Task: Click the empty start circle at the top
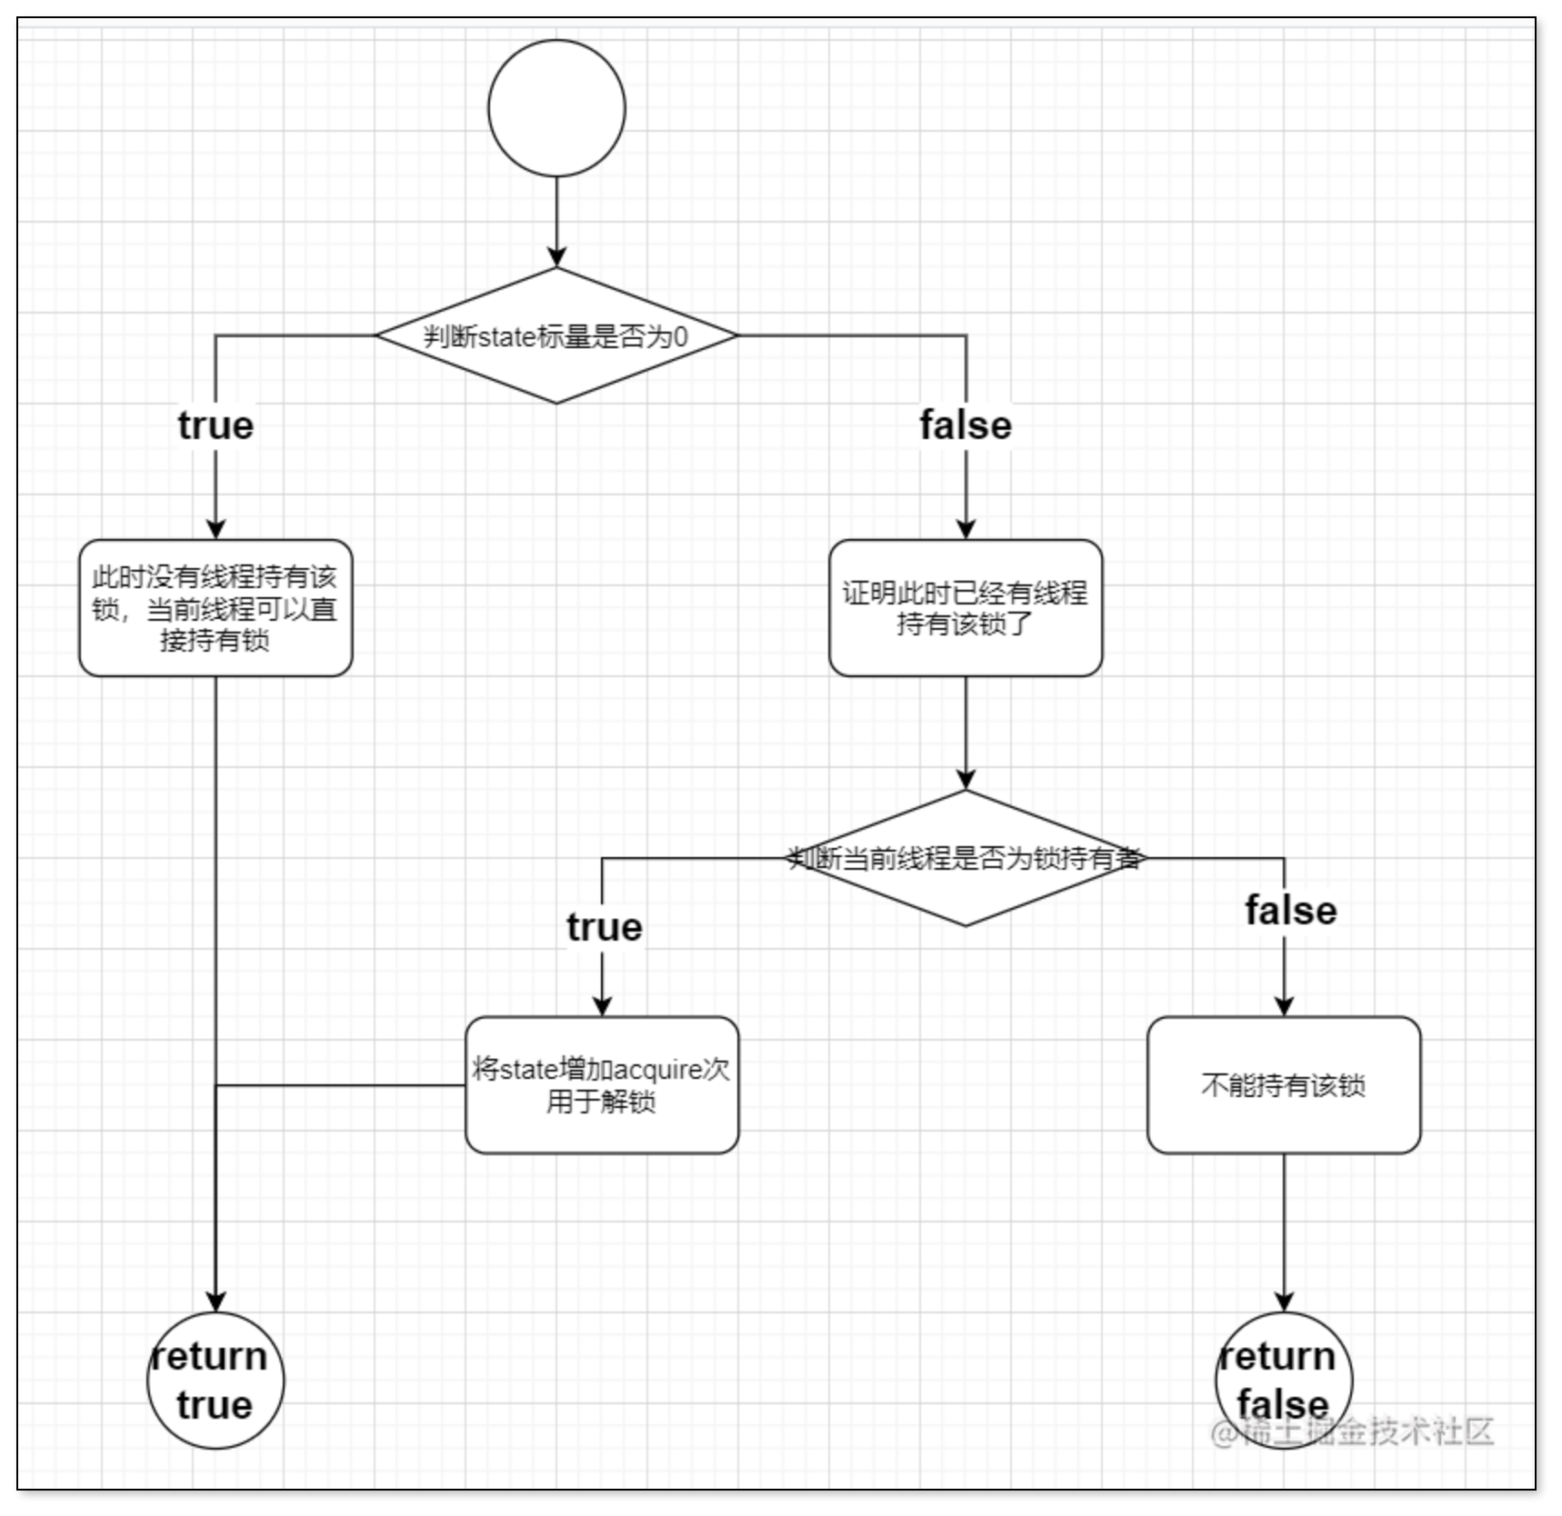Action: pos(556,107)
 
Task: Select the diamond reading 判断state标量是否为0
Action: pos(556,335)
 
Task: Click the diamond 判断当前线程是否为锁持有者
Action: pos(966,858)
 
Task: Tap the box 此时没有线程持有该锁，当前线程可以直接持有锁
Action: pos(215,608)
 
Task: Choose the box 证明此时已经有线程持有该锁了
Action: pos(966,608)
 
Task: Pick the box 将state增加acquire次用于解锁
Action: pos(602,1085)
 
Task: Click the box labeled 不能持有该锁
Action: pos(1284,1085)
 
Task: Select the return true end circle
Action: pos(215,1381)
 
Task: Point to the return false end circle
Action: pos(1284,1381)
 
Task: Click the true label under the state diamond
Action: pos(215,425)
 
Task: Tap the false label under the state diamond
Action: pos(966,425)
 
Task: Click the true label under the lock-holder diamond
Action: pos(604,927)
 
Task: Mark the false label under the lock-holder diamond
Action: pos(1291,911)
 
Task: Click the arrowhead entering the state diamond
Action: pos(556,256)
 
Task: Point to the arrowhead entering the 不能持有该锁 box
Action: pos(1284,1005)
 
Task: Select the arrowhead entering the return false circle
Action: pos(1284,1302)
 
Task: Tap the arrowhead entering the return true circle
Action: pos(215,1302)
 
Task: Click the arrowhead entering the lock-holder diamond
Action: pos(966,779)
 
